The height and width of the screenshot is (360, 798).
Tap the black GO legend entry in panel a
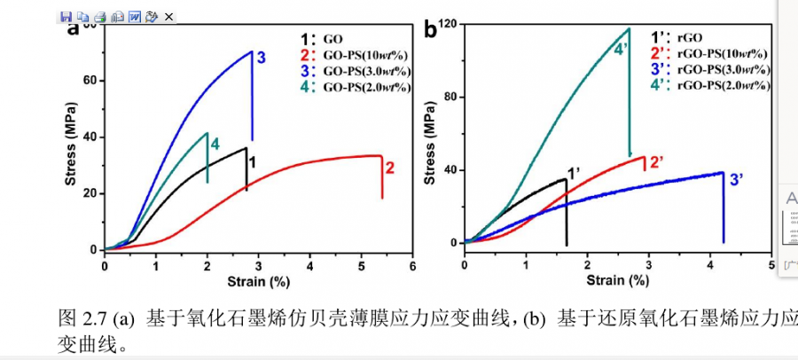(323, 40)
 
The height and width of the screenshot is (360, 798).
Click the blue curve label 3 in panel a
(262, 58)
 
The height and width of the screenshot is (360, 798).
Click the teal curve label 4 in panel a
(215, 144)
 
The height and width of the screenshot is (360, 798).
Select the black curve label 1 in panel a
(252, 162)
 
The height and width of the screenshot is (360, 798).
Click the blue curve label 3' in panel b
(736, 180)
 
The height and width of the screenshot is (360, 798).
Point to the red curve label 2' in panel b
(657, 162)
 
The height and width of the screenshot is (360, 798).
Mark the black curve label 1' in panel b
(574, 175)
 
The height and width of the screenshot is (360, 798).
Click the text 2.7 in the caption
(91, 319)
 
